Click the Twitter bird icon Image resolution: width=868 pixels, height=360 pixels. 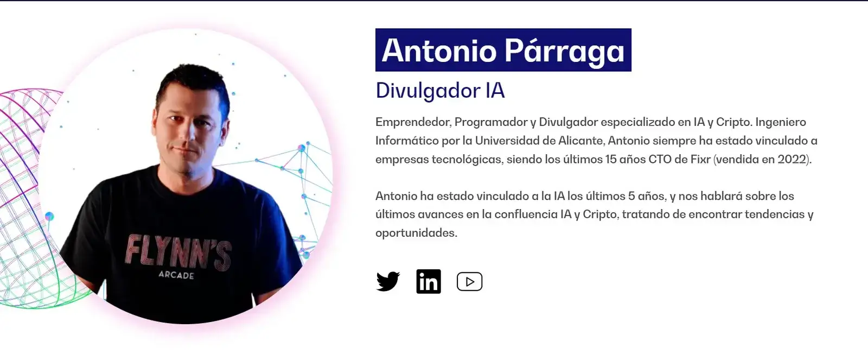388,281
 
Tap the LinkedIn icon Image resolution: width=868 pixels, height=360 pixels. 429,281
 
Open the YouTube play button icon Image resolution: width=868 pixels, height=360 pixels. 469,281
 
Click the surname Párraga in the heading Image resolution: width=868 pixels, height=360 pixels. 564,51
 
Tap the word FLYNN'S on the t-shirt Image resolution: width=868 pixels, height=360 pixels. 178,252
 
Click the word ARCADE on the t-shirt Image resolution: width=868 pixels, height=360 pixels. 176,275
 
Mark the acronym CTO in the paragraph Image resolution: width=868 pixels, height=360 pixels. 660,159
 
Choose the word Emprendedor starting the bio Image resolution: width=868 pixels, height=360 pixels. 413,122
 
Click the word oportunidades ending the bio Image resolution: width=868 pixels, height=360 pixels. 416,233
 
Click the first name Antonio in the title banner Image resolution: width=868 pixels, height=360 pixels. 439,50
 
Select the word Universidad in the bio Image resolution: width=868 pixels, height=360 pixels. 507,141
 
